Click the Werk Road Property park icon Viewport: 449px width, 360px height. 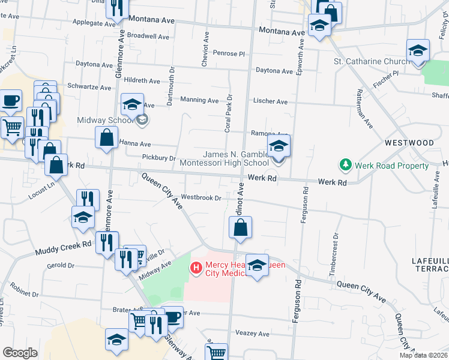coord(345,164)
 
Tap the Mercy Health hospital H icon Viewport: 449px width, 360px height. coord(196,268)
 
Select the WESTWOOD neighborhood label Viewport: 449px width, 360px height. coord(409,143)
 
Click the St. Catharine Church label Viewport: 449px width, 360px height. coord(371,61)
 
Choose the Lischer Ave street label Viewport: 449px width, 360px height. coord(270,101)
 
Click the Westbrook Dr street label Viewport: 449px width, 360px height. coord(201,197)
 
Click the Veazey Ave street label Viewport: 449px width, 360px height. coord(252,333)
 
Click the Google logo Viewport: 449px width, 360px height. coord(20,352)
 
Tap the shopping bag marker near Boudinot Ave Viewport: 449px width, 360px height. coord(240,228)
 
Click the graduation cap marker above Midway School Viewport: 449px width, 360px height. coord(132,104)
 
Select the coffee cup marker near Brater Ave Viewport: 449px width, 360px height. coord(173,317)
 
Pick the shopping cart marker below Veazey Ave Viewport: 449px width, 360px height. coord(216,352)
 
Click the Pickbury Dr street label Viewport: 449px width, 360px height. coord(159,158)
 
